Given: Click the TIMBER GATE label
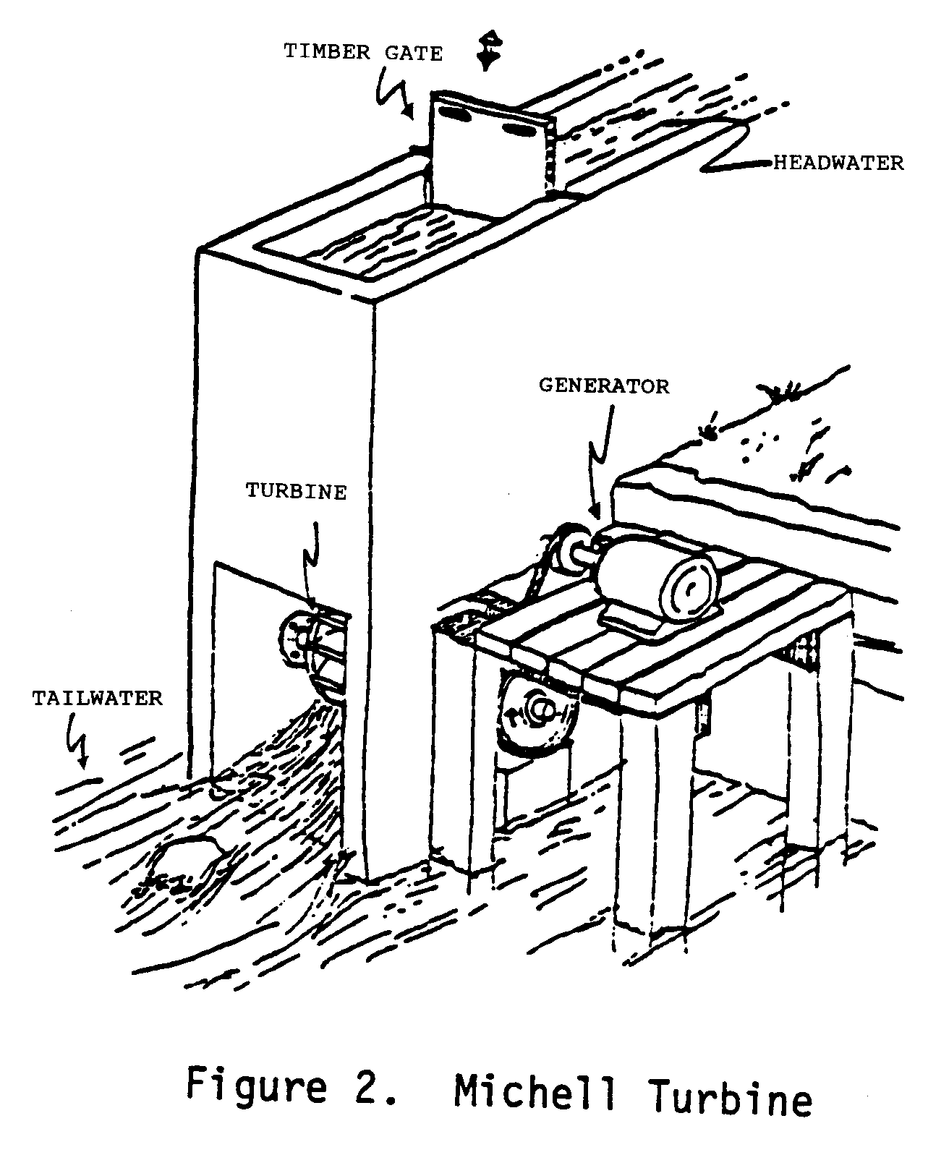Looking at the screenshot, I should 362,53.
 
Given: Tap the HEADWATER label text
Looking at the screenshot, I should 839,163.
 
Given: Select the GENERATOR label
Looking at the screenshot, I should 604,385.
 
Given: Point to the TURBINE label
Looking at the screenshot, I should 296,492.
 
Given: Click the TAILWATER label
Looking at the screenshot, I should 98,699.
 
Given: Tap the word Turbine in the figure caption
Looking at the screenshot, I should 731,1097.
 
